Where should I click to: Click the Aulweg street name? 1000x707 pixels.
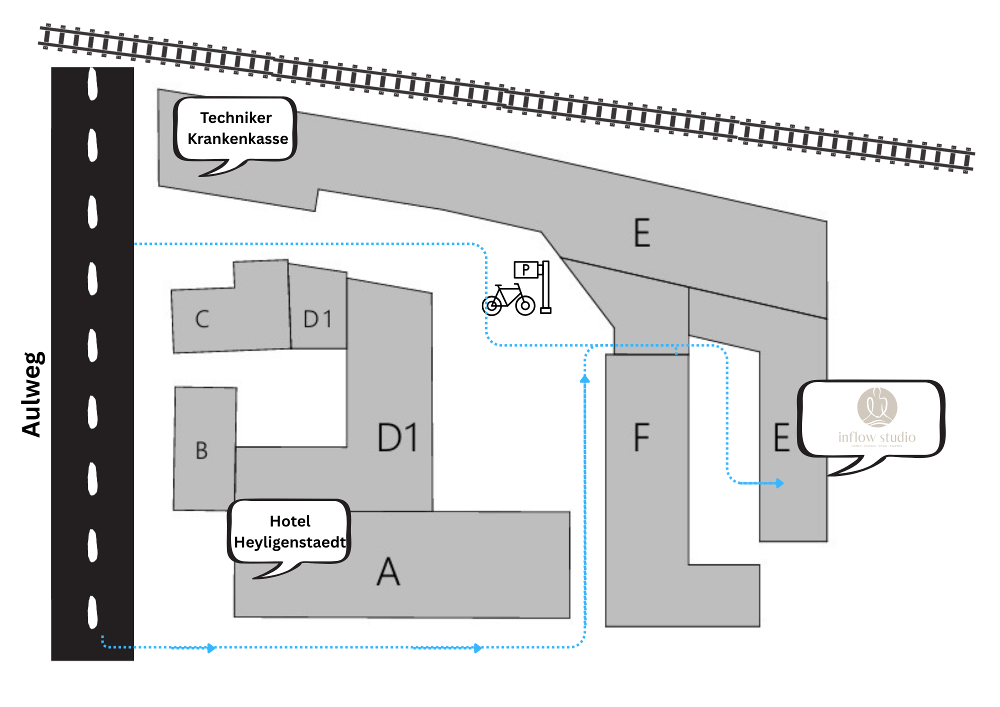click(x=33, y=394)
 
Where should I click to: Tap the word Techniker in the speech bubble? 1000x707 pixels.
click(x=236, y=118)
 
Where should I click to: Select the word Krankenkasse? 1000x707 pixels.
click(x=237, y=139)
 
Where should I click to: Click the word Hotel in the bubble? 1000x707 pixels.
click(x=290, y=521)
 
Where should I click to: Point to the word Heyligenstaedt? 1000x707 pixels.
click(x=290, y=542)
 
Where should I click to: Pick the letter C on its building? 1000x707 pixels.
click(x=202, y=319)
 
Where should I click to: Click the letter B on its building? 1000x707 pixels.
click(x=201, y=450)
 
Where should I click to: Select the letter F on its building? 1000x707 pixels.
click(x=641, y=437)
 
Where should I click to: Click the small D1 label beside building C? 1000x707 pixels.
click(x=317, y=319)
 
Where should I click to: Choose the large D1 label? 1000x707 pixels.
click(x=397, y=438)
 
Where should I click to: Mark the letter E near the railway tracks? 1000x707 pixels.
click(x=642, y=233)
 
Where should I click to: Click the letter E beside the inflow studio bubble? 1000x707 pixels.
click(x=781, y=437)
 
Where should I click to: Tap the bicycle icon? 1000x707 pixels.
click(x=508, y=300)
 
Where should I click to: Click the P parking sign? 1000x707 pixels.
click(x=526, y=270)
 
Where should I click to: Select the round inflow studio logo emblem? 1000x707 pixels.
click(x=877, y=407)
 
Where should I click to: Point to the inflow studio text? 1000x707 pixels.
click(x=877, y=437)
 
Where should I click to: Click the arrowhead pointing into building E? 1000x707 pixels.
click(x=779, y=483)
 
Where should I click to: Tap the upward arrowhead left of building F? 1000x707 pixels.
click(x=585, y=379)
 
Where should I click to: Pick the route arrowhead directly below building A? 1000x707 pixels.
click(x=477, y=648)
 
